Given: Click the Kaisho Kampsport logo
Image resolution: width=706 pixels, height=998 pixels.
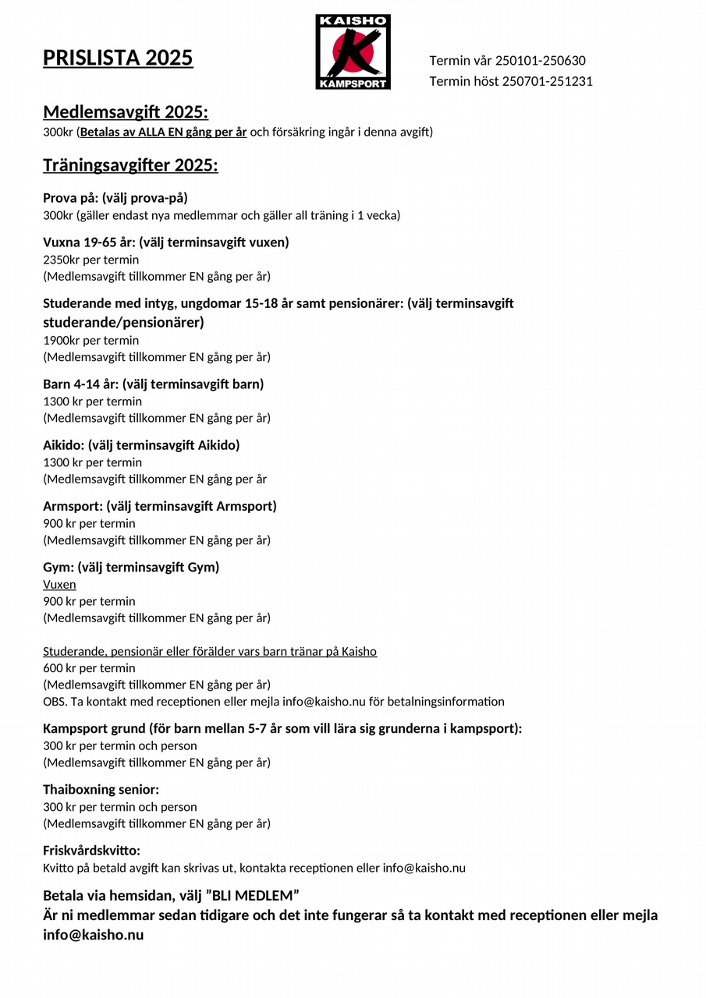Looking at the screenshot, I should (353, 51).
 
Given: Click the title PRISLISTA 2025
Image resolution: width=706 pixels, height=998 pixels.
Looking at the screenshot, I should (118, 58).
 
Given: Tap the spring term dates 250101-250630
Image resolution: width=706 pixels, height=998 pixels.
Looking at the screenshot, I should (540, 61).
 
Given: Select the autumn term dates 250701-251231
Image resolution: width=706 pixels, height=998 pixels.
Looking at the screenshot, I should (547, 81).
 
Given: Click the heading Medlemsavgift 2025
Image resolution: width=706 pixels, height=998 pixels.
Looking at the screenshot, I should (126, 112).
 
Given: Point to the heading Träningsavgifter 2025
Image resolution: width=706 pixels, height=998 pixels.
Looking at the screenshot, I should (130, 165).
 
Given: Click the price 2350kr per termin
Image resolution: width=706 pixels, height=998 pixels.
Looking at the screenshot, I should (90, 260).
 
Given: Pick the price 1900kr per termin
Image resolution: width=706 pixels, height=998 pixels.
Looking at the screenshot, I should (90, 340).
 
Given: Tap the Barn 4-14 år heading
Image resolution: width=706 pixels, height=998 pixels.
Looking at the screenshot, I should (153, 384).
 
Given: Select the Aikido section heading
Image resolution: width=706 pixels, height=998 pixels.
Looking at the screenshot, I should (141, 445).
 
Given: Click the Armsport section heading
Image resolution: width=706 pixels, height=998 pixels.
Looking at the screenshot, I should (159, 506).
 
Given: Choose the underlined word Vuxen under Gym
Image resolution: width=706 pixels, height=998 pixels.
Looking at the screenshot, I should (59, 584).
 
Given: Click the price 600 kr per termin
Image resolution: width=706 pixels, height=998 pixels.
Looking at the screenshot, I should (89, 668).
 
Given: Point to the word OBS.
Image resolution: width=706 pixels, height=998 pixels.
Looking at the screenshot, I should (55, 702).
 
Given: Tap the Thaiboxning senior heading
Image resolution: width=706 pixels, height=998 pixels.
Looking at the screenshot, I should (101, 790).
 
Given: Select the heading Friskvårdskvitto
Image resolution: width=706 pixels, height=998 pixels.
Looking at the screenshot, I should (91, 851).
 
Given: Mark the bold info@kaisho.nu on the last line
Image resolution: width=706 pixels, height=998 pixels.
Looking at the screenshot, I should (93, 935).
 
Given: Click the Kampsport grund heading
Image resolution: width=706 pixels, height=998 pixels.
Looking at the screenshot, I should (282, 729).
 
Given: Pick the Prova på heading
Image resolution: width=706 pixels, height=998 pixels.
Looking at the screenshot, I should (115, 198).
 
